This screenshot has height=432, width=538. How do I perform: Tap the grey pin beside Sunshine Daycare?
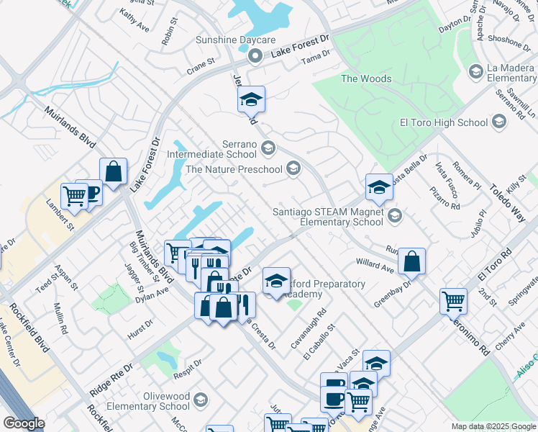[253, 55]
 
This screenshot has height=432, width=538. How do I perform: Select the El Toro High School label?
[444, 122]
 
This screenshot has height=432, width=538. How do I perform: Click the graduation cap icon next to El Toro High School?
[499, 123]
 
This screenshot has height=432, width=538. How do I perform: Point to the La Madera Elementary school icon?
[475, 71]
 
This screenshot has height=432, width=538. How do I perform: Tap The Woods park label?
[366, 78]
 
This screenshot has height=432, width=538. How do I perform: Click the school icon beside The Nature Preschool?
[293, 169]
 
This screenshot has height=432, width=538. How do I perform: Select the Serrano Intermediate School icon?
[268, 148]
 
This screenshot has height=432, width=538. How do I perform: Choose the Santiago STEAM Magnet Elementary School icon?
[394, 215]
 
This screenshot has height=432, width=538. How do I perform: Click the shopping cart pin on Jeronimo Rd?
[453, 300]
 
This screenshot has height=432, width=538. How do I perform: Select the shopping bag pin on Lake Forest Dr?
[113, 172]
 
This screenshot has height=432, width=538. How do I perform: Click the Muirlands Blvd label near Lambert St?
[70, 127]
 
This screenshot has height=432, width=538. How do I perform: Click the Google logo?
[24, 423]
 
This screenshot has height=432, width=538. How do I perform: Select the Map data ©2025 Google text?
[493, 426]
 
